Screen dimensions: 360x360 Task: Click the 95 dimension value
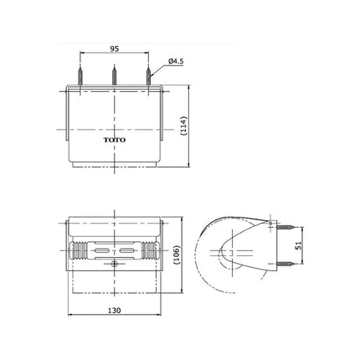(115, 49)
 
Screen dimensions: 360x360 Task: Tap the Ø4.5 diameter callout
(176, 61)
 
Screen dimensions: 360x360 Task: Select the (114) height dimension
(184, 126)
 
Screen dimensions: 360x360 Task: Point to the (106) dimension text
(177, 255)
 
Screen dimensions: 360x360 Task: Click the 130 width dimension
(115, 311)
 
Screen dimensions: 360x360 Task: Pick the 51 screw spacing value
(298, 245)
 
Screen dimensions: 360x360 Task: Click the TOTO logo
(115, 140)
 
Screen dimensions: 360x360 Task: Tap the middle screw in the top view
(114, 75)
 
